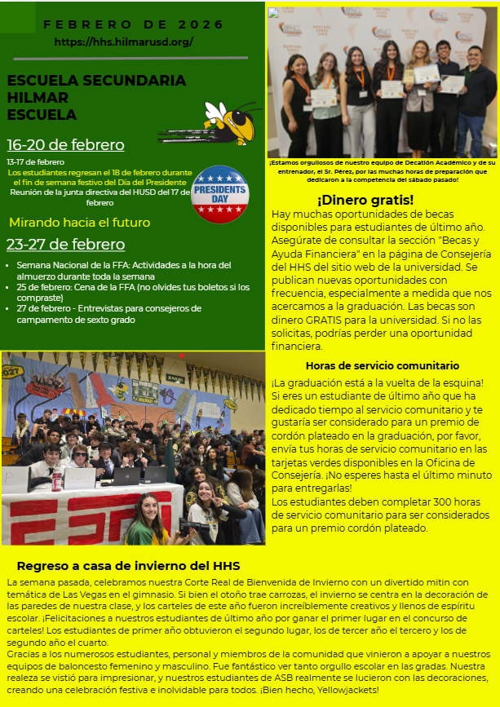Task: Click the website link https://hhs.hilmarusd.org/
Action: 124,42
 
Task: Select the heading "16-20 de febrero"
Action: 65,145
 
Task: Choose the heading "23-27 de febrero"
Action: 65,245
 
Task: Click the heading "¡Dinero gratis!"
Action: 365,200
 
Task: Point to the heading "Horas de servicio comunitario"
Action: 382,366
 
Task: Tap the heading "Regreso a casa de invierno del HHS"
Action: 128,566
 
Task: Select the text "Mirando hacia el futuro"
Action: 79,222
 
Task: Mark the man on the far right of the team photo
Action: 476,102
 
